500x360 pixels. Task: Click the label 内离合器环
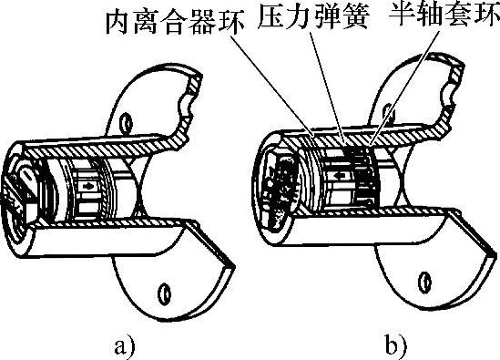[x=175, y=23]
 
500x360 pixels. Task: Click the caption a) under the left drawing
[x=125, y=347]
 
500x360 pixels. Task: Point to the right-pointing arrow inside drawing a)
[x=87, y=186]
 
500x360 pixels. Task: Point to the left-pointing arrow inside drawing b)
[x=339, y=175]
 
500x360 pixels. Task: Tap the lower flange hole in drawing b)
[x=424, y=282]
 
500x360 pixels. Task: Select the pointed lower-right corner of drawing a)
[x=234, y=265]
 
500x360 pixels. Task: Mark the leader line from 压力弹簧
[x=327, y=86]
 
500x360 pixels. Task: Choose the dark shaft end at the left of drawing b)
[x=277, y=189]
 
